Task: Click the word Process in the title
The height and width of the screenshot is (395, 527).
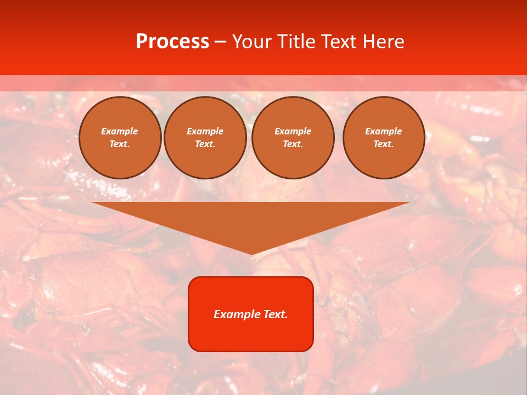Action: pyautogui.click(x=172, y=42)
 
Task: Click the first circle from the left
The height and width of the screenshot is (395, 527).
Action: pyautogui.click(x=120, y=137)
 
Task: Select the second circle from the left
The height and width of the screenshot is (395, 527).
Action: pyautogui.click(x=205, y=137)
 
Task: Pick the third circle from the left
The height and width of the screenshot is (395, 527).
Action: pyautogui.click(x=293, y=137)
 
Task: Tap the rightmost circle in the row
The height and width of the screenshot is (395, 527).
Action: pyautogui.click(x=383, y=137)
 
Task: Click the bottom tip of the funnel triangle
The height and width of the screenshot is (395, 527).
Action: pyautogui.click(x=251, y=253)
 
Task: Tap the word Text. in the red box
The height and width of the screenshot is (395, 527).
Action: pyautogui.click(x=276, y=314)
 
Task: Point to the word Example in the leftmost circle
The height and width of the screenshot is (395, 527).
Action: pyautogui.click(x=120, y=131)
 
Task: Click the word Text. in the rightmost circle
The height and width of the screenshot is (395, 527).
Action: pyautogui.click(x=383, y=144)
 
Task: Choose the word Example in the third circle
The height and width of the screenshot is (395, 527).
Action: pyautogui.click(x=293, y=131)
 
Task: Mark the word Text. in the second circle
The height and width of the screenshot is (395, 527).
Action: pyautogui.click(x=205, y=144)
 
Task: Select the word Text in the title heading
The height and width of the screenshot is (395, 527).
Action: pyautogui.click(x=337, y=42)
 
